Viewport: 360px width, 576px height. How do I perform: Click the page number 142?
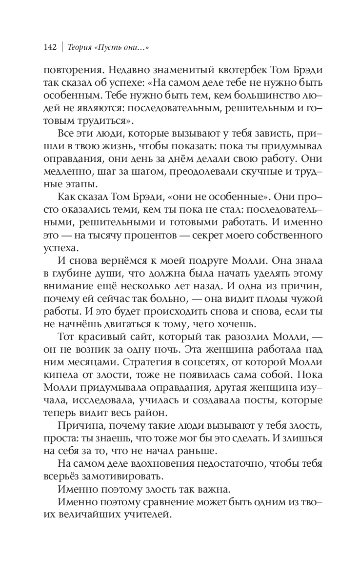coord(50,47)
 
